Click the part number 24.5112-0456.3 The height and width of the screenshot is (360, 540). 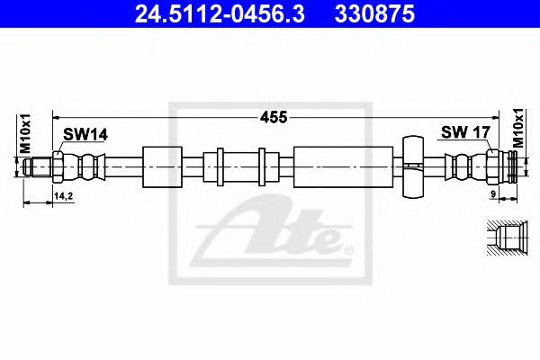(220, 14)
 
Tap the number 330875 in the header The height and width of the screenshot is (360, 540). (374, 14)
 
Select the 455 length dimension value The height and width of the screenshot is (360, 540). (274, 118)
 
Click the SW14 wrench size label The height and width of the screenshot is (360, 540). (85, 134)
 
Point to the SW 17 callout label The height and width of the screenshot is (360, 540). (465, 132)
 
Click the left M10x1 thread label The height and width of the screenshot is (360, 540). (25, 134)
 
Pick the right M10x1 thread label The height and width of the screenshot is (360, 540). (517, 128)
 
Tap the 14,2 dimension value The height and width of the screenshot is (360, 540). (63, 196)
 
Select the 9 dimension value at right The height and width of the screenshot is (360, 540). (493, 194)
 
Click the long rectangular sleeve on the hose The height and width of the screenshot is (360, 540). (343, 167)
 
